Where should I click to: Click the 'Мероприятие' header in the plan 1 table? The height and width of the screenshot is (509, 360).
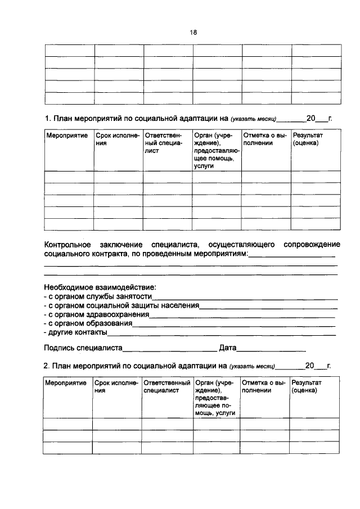point(63,136)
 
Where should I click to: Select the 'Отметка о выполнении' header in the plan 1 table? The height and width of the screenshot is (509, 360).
point(265,139)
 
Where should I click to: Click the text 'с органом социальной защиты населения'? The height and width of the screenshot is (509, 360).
point(121,306)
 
